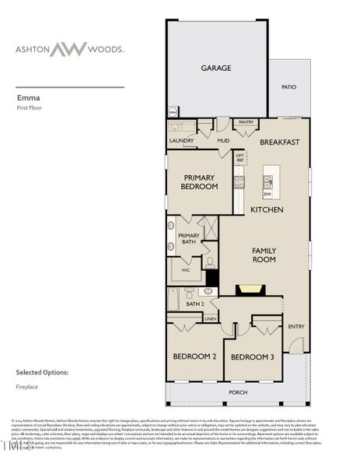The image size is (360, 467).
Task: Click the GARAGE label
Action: click(x=216, y=68)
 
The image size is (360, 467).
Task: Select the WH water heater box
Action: click(x=173, y=112)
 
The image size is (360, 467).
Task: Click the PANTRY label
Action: click(x=246, y=122)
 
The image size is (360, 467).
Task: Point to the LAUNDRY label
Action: click(x=181, y=141)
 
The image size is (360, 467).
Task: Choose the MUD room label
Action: click(x=223, y=141)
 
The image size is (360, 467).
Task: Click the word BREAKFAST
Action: click(x=280, y=142)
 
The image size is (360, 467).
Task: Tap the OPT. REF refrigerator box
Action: click(x=240, y=158)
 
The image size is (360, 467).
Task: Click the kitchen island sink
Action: click(x=267, y=181)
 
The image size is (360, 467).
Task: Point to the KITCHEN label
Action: click(x=266, y=210)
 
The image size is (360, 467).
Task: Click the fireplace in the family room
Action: click(x=250, y=289)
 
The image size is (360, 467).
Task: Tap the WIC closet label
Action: click(x=186, y=270)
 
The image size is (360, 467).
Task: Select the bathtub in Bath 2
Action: click(x=173, y=300)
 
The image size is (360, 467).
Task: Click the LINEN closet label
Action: click(x=210, y=318)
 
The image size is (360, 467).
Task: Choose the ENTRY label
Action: click(x=297, y=327)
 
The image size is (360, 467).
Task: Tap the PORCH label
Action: click(x=238, y=392)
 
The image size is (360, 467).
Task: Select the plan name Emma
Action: click(x=27, y=99)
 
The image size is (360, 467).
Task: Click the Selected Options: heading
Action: click(x=42, y=373)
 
